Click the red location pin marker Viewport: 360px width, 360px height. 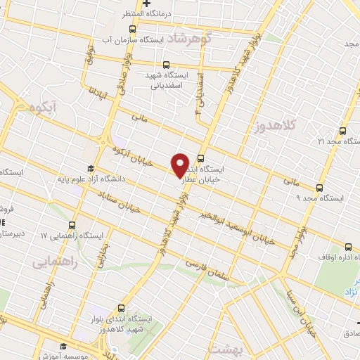point(180,165)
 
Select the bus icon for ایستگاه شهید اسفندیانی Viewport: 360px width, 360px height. point(167,65)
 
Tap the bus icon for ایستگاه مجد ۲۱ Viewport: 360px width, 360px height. point(342,131)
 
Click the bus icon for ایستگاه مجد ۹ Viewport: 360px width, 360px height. point(320,188)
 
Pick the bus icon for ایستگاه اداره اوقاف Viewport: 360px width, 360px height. point(349,246)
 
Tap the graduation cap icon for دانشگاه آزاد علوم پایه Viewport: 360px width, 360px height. point(90,168)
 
